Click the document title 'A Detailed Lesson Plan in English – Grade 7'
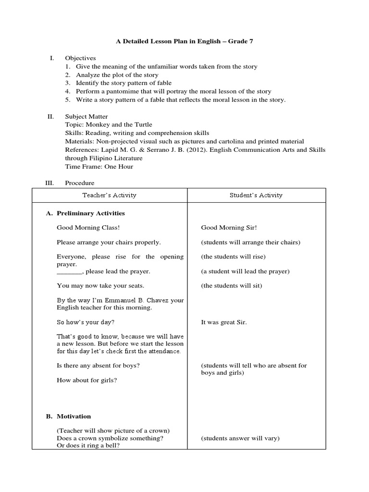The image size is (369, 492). tap(184, 42)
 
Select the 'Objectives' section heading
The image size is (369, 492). tap(80, 58)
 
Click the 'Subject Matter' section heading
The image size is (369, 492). tap(86, 117)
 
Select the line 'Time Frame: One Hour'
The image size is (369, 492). tap(99, 166)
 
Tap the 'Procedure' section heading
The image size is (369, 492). tap(80, 183)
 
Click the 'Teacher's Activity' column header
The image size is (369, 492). tap(109, 195)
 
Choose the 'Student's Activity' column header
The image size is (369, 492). tap(257, 195)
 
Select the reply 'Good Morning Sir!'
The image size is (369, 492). tap(226, 228)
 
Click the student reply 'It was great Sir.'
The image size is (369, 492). tap(223, 322)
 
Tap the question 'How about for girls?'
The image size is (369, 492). tap(87, 380)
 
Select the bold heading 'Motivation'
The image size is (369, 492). tap(74, 416)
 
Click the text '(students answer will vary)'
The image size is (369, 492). tap(240, 438)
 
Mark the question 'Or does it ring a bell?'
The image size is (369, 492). tap(88, 445)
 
